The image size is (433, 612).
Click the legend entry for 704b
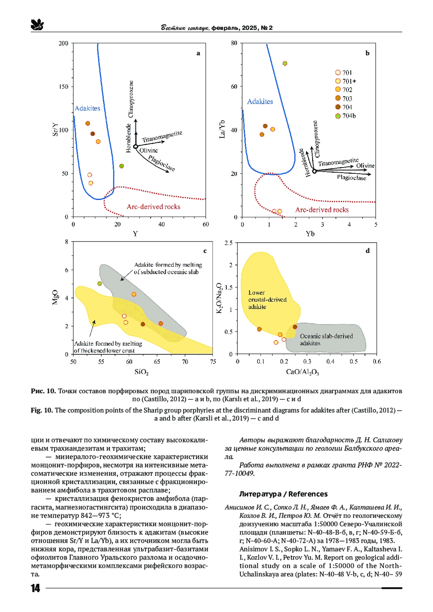click(x=345, y=116)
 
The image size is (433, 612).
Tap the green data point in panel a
click(x=122, y=166)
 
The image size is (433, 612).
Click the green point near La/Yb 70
click(x=285, y=63)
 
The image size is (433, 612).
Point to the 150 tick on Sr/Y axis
click(x=64, y=87)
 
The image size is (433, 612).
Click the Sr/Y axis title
click(x=55, y=130)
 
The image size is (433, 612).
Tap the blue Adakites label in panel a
click(x=87, y=108)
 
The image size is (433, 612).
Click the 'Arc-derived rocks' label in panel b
click(x=322, y=210)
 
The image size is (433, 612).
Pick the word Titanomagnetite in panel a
click(x=162, y=137)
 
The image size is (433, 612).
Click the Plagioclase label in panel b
click(x=351, y=178)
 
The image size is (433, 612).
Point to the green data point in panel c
click(x=100, y=284)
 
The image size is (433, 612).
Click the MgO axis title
click(x=55, y=297)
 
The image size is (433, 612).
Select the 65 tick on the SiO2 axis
click(x=157, y=362)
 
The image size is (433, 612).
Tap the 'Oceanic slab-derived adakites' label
click(x=326, y=340)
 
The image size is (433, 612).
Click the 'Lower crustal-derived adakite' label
click(x=267, y=300)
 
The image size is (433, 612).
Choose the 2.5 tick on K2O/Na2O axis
click(x=228, y=243)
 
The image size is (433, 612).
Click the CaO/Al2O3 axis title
click(x=302, y=372)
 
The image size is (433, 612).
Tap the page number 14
click(x=35, y=588)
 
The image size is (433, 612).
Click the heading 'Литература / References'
click(x=283, y=494)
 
